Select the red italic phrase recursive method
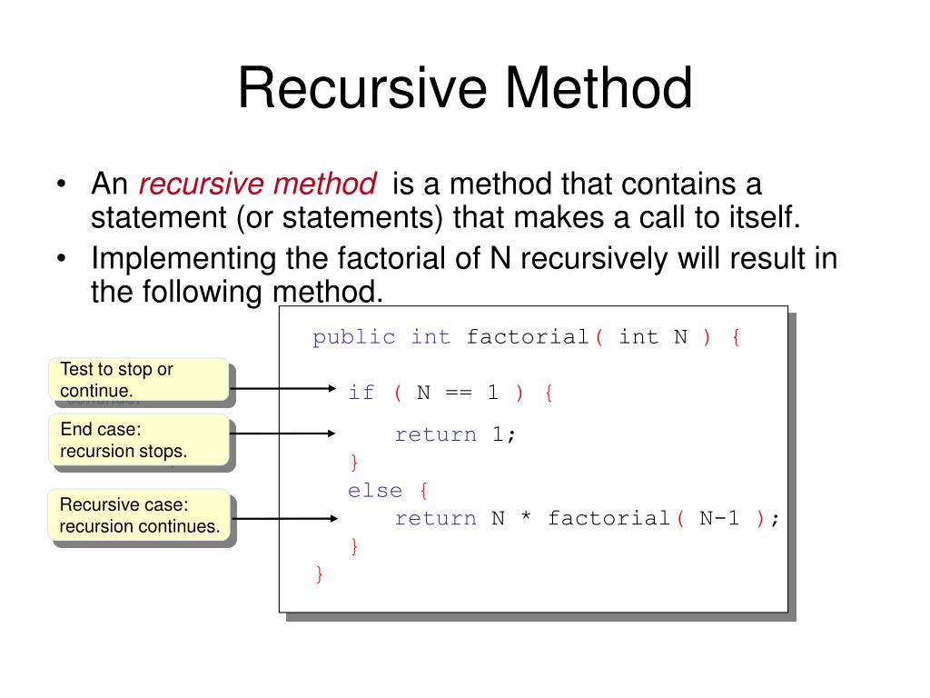257,184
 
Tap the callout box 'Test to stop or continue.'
137,380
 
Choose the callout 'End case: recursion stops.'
137,440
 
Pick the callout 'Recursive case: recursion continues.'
140,515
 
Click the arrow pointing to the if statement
282,389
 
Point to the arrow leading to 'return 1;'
282,434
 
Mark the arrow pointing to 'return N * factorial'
282,519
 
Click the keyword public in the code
354,337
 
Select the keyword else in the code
374,491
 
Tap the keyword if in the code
361,393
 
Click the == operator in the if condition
458,393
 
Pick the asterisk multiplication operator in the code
526,519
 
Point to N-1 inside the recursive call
719,518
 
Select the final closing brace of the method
319,573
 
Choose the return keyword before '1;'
435,434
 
